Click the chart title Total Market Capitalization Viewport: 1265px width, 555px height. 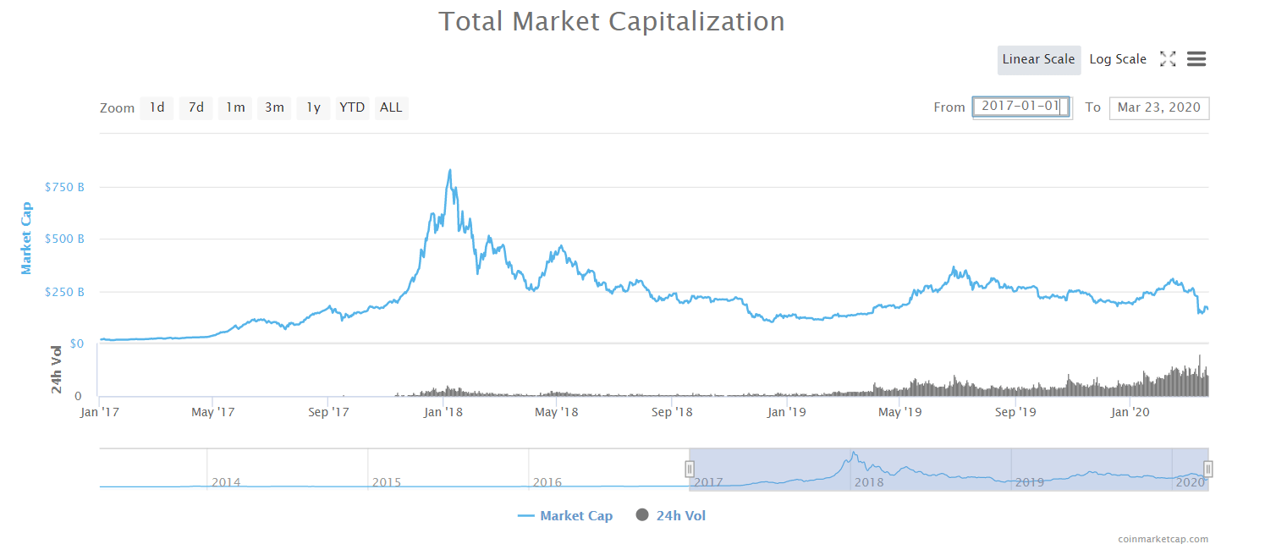coord(611,21)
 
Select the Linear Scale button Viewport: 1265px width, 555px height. coord(1038,59)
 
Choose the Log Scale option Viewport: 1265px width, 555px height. coord(1118,59)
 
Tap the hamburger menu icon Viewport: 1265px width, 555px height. coord(1196,59)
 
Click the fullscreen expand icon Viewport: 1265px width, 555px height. coord(1168,59)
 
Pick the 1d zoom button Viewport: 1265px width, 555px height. coord(157,107)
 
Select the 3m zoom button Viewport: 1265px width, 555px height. coord(274,107)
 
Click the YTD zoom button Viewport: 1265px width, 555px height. coord(352,107)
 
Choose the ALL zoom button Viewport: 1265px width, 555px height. coord(391,107)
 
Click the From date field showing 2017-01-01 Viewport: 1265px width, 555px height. coord(1021,107)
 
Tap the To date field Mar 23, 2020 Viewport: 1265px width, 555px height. coord(1158,107)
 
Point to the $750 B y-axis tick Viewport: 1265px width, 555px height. coord(64,187)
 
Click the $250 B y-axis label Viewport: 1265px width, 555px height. coord(64,292)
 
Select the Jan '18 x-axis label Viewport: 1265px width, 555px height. coord(443,412)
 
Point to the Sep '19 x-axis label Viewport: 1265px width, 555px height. coord(1015,412)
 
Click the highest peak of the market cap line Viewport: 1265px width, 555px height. coord(449,170)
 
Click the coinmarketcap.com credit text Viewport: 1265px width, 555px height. coord(1163,539)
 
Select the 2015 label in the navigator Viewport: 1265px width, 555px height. coord(386,482)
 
